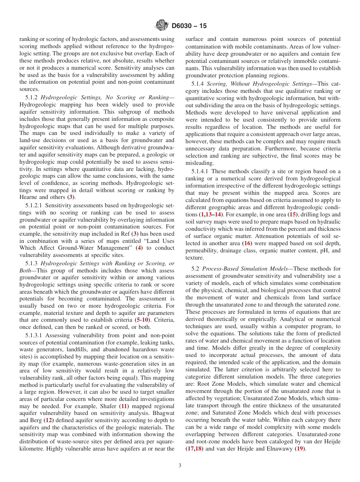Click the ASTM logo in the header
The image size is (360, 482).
click(162, 26)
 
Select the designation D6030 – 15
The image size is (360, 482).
click(189, 26)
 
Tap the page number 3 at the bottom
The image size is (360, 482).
click(180, 465)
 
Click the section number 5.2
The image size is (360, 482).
click(196, 269)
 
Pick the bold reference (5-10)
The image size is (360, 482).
click(143, 320)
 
